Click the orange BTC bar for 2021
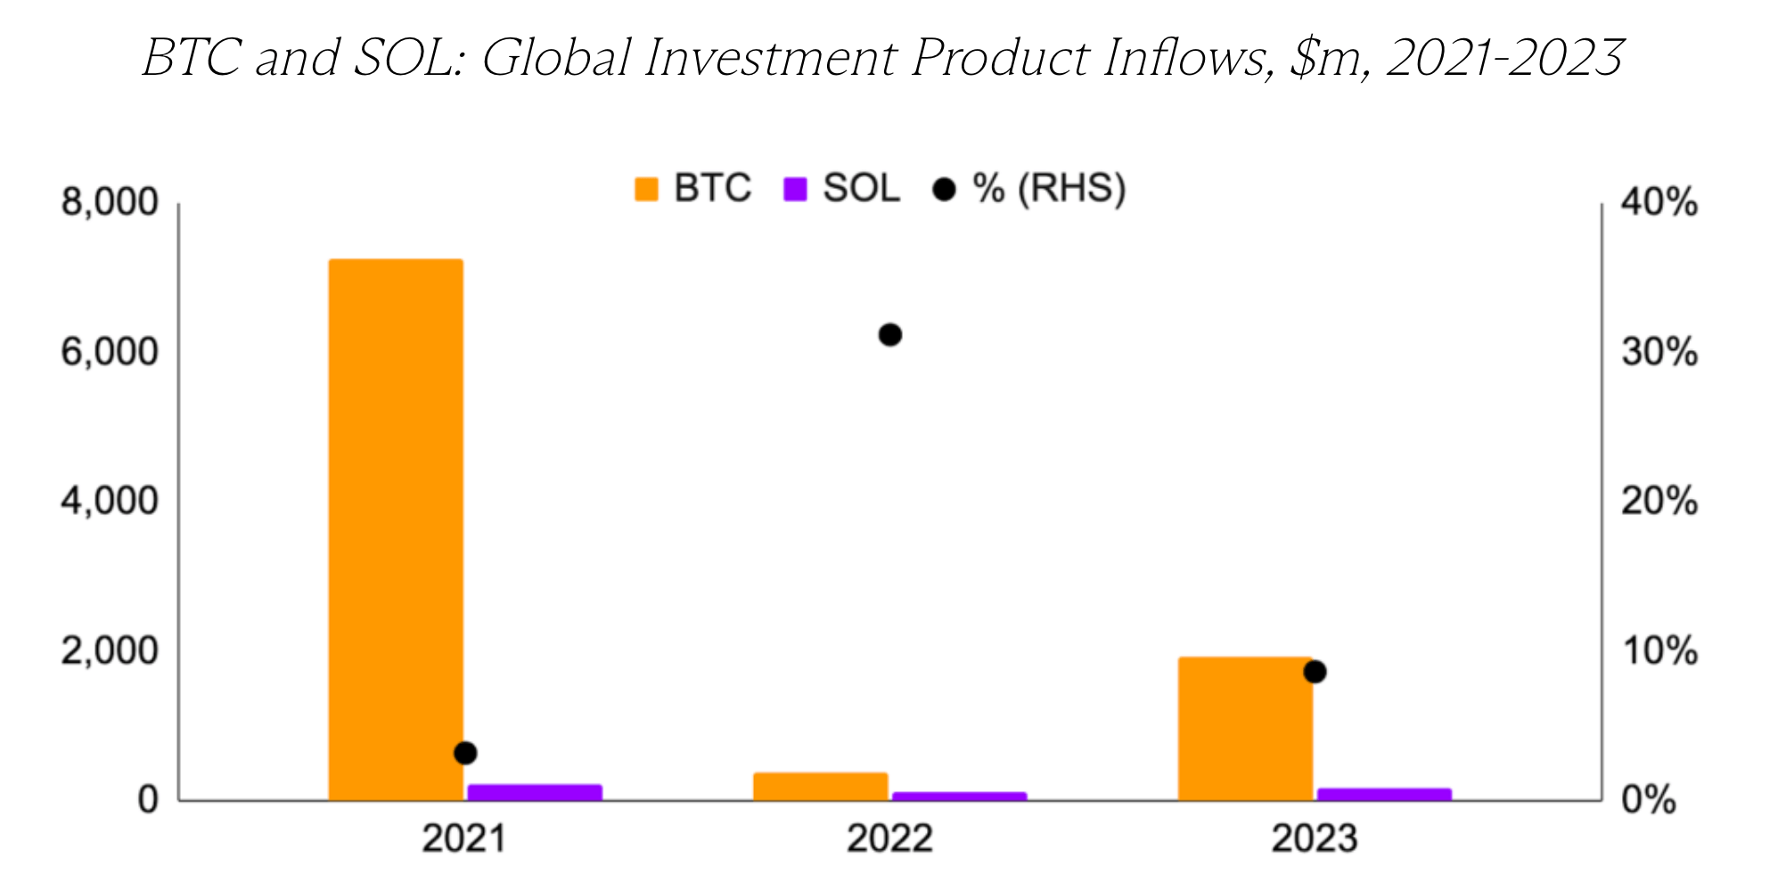[x=396, y=529]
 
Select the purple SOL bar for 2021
[x=534, y=792]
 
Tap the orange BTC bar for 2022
[x=821, y=786]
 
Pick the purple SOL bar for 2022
[x=959, y=796]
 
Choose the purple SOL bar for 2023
[x=1384, y=794]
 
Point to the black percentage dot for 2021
[x=465, y=753]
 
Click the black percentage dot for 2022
[x=889, y=335]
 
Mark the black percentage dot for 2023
[x=1315, y=672]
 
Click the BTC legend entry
[x=693, y=189]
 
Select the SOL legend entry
[x=842, y=189]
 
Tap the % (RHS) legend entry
[x=1030, y=189]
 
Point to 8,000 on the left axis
[x=109, y=203]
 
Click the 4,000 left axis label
[x=109, y=502]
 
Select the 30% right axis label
[x=1659, y=353]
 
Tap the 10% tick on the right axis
[x=1659, y=651]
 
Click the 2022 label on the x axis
[x=889, y=839]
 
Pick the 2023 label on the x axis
[x=1315, y=839]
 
